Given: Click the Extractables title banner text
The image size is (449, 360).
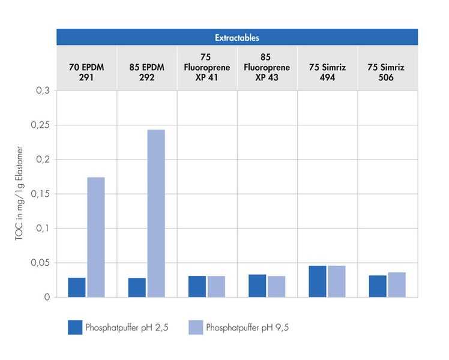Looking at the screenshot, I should pyautogui.click(x=237, y=37).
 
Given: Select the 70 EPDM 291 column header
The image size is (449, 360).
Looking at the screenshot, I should pyautogui.click(x=86, y=73).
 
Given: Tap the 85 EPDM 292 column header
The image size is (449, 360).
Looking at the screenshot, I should pyautogui.click(x=146, y=73).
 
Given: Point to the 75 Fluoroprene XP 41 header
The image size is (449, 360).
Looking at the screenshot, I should pyautogui.click(x=206, y=68).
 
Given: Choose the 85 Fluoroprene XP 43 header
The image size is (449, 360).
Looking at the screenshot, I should pyautogui.click(x=267, y=68).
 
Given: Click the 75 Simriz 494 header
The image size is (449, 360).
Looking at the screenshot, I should pyautogui.click(x=327, y=73).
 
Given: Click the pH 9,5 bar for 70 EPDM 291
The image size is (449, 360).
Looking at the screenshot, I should pyautogui.click(x=96, y=237).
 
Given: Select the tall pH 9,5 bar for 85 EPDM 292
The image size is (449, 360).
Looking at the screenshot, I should pyautogui.click(x=156, y=213).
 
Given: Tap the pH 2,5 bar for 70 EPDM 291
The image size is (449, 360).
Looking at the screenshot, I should pyautogui.click(x=77, y=287).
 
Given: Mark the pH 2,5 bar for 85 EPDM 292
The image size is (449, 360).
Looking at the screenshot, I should pyautogui.click(x=137, y=287).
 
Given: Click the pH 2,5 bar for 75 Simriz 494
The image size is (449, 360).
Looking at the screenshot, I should pyautogui.click(x=318, y=281).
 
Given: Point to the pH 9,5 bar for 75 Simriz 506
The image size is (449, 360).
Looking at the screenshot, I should pyautogui.click(x=397, y=285).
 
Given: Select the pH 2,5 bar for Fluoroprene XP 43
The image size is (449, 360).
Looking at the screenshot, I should pyautogui.click(x=257, y=286).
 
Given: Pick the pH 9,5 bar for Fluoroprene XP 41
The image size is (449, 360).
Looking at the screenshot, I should pyautogui.click(x=216, y=287).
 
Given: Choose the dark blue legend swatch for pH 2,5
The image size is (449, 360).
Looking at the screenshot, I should pyautogui.click(x=75, y=327).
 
